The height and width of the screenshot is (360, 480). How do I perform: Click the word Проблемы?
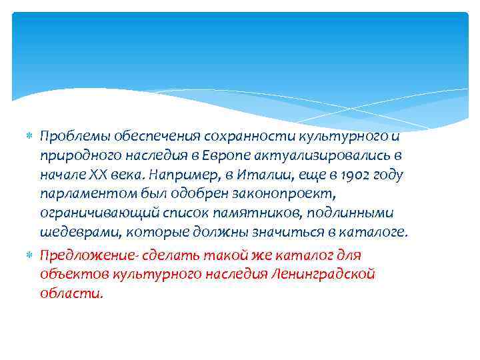pyautogui.click(x=69, y=137)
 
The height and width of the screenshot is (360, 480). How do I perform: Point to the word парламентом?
pyautogui.click(x=79, y=194)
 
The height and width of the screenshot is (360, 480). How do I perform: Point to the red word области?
pyautogui.click(x=71, y=293)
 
